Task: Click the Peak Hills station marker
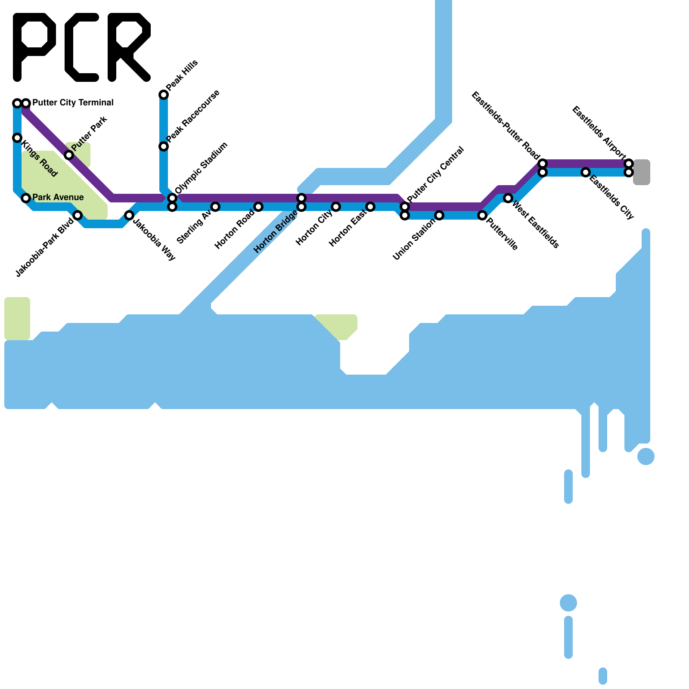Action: (x=164, y=95)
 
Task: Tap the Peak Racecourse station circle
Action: (x=164, y=146)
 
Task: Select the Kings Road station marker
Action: (x=17, y=138)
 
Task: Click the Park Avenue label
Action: (x=58, y=198)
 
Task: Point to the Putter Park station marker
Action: (x=69, y=155)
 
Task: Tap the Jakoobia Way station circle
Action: (x=129, y=215)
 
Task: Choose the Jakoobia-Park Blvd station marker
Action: (x=78, y=215)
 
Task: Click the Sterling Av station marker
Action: (x=215, y=207)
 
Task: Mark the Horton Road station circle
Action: (x=258, y=207)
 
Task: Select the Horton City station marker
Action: (x=336, y=207)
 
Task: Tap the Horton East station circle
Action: (x=370, y=207)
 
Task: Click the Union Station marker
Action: (x=439, y=215)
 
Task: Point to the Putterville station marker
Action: (x=482, y=215)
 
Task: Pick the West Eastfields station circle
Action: (x=508, y=198)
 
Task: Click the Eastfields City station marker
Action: (x=586, y=172)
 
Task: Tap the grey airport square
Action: (x=642, y=172)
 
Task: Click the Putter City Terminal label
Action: (x=73, y=103)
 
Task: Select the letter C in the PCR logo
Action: (x=82, y=47)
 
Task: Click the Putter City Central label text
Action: (x=435, y=174)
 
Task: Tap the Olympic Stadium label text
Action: (x=202, y=168)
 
